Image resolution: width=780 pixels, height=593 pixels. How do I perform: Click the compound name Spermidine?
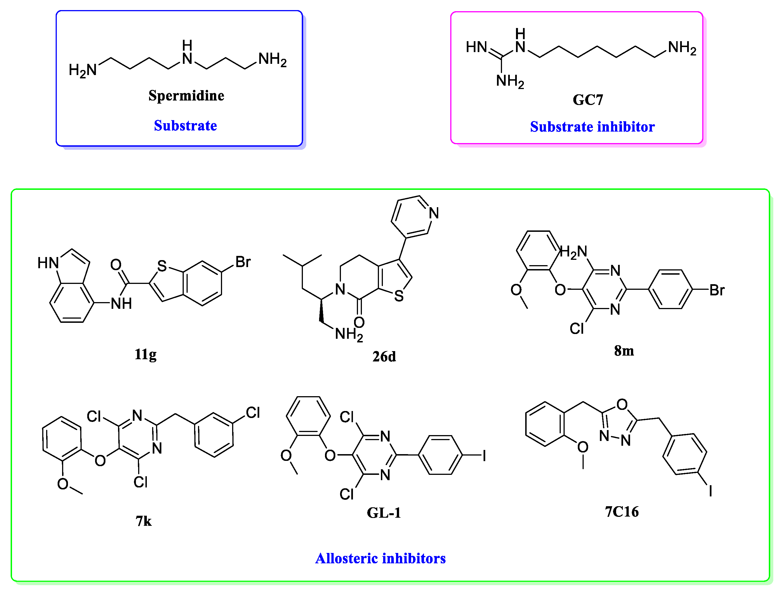[186, 96]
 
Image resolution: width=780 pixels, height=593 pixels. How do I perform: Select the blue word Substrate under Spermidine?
[185, 126]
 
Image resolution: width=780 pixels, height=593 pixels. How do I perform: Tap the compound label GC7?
[588, 100]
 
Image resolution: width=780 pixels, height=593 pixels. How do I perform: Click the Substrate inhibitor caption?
[592, 127]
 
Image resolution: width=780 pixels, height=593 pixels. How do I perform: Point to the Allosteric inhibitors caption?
[380, 558]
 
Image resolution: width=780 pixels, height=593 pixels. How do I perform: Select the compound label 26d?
[384, 356]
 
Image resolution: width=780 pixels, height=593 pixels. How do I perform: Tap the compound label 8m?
[624, 351]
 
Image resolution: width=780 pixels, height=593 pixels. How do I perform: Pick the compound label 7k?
[143, 521]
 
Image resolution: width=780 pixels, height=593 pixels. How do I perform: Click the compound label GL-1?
[384, 513]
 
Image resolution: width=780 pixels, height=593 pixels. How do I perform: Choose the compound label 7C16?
[622, 512]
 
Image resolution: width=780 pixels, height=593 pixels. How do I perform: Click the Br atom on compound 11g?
[243, 262]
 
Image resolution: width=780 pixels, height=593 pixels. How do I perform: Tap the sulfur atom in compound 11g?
[162, 266]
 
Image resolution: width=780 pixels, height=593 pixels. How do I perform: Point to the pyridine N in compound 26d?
[434, 213]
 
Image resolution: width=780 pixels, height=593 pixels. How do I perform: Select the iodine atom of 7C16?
[711, 491]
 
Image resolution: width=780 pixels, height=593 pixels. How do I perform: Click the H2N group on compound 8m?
[574, 252]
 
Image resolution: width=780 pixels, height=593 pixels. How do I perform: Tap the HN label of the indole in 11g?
[48, 263]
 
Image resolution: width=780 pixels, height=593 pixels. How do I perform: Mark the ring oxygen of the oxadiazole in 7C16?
[622, 404]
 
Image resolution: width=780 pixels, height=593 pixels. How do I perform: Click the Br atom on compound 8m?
[717, 290]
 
